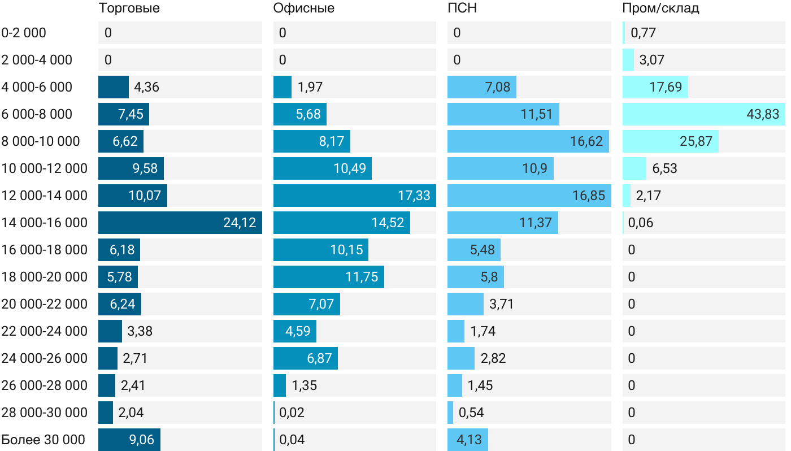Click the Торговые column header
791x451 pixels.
[129, 8]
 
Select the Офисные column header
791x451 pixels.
[303, 8]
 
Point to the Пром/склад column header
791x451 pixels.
[660, 8]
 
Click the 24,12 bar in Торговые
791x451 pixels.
[180, 223]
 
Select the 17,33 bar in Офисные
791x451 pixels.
[354, 196]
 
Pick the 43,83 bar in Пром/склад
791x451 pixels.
[703, 114]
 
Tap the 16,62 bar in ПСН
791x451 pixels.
[528, 141]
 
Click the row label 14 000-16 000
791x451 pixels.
[45, 223]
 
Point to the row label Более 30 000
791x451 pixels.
[44, 440]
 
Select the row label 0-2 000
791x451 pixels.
[24, 33]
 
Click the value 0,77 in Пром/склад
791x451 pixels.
[643, 33]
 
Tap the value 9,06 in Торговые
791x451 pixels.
[141, 440]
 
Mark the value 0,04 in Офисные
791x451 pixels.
[292, 440]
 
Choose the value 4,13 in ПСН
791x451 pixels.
[468, 440]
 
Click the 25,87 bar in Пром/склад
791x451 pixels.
[670, 141]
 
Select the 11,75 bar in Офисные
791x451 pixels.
[328, 277]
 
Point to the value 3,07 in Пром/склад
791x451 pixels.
[649, 60]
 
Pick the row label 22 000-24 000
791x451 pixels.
[45, 331]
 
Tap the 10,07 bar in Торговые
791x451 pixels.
[132, 196]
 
